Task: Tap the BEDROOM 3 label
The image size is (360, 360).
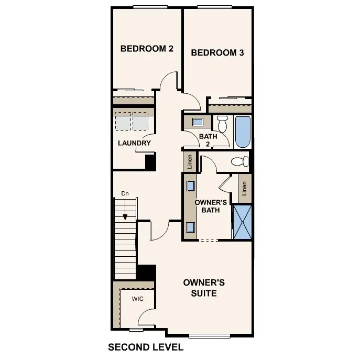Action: click(x=217, y=52)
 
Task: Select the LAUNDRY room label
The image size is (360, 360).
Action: click(x=134, y=143)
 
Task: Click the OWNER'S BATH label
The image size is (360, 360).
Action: click(x=210, y=206)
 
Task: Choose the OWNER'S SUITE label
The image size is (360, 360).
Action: click(x=204, y=288)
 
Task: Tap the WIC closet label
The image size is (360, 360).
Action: click(x=137, y=299)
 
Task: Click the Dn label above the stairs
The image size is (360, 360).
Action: click(x=125, y=193)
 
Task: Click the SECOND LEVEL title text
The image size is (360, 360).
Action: click(x=145, y=347)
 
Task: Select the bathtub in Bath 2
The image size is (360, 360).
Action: click(x=243, y=132)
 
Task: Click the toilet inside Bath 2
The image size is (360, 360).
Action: click(x=222, y=124)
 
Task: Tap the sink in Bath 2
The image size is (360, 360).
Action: click(x=198, y=122)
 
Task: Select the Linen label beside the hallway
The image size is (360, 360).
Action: click(x=189, y=162)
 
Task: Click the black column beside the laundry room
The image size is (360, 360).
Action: click(x=150, y=162)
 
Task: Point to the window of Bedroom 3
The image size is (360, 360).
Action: click(x=214, y=7)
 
